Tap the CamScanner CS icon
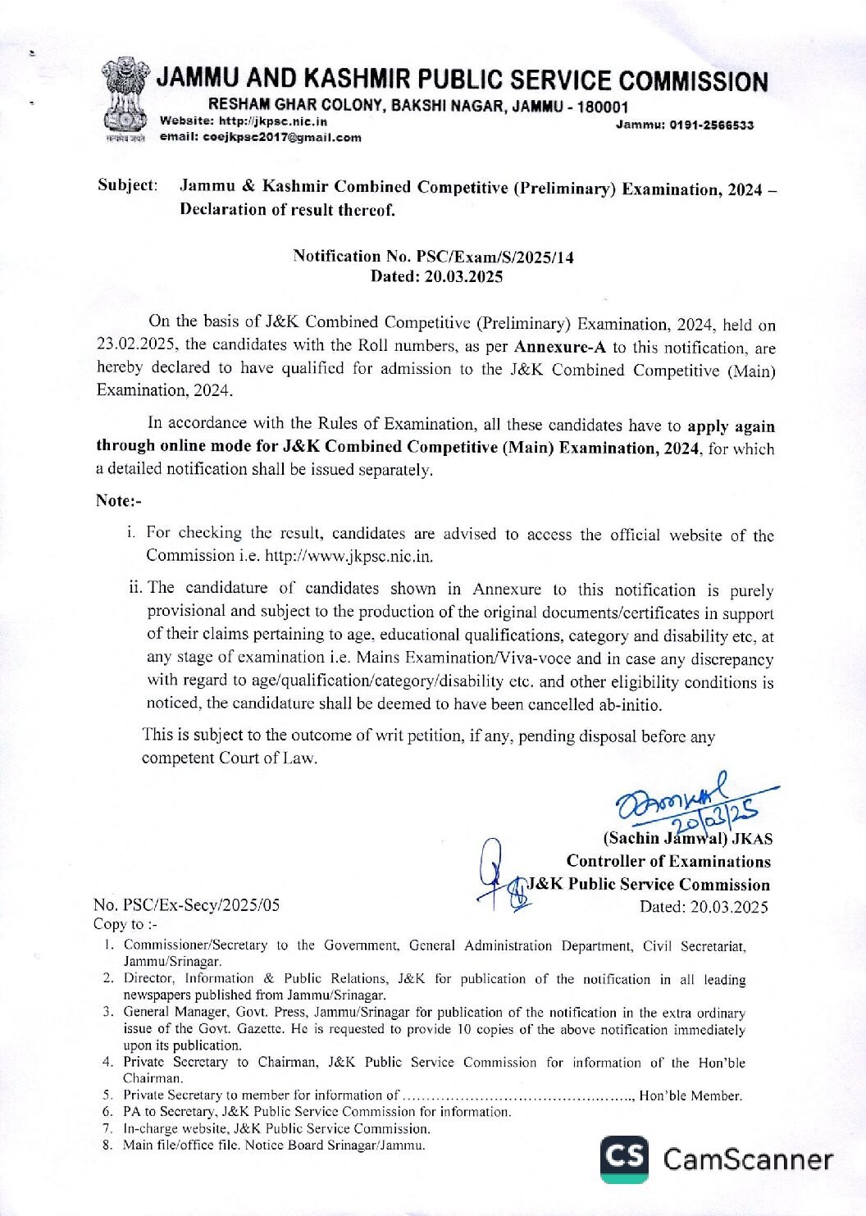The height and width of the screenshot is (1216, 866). [624, 1158]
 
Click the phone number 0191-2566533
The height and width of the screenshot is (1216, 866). [712, 125]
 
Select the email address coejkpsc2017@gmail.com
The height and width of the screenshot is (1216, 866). [261, 137]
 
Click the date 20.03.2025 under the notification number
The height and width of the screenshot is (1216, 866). [463, 276]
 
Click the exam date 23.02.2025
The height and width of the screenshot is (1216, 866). [136, 345]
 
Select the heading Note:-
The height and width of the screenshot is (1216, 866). [118, 500]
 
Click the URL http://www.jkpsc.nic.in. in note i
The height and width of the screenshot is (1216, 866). [349, 556]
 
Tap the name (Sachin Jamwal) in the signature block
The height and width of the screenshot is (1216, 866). [666, 838]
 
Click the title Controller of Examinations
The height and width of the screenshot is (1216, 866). [668, 861]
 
